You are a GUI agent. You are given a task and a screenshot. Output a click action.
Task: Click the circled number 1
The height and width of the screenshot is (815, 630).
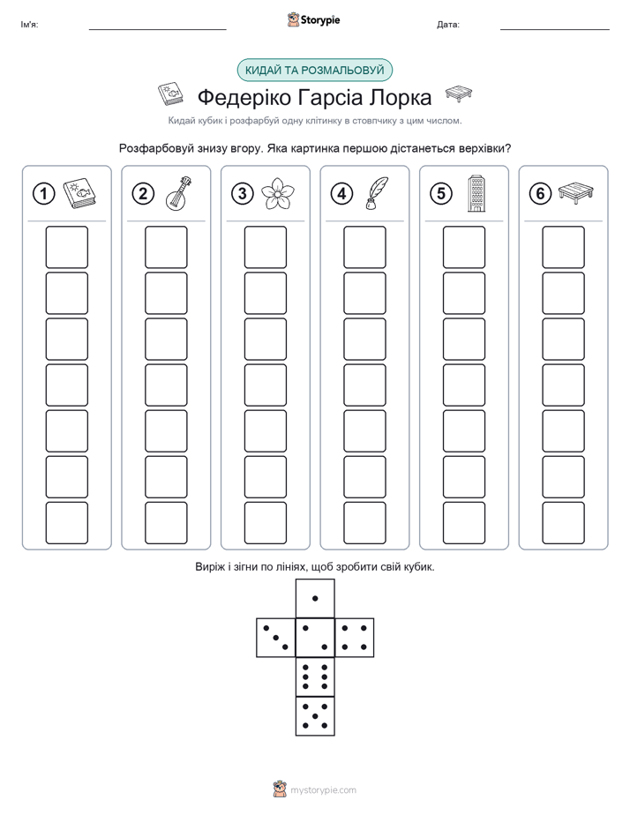click(x=43, y=194)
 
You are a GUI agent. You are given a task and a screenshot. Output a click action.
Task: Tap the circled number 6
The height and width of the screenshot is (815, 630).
click(x=540, y=194)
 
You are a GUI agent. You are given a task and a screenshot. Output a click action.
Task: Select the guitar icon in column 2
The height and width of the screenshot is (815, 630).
click(x=179, y=193)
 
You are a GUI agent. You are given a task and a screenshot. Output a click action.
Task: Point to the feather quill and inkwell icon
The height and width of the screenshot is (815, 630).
click(x=377, y=194)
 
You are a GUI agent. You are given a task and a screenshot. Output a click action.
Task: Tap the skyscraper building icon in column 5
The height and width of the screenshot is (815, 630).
click(x=476, y=193)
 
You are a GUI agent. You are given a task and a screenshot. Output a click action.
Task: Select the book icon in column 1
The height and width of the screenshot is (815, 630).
click(x=79, y=194)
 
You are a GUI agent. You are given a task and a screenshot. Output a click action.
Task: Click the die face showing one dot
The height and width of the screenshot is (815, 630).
click(x=315, y=598)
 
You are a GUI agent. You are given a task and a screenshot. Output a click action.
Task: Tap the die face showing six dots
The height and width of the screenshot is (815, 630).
click(x=315, y=677)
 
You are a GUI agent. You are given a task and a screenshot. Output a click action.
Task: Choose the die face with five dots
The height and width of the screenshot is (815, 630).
click(x=315, y=715)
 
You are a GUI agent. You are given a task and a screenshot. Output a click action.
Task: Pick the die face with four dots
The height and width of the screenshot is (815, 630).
click(x=355, y=638)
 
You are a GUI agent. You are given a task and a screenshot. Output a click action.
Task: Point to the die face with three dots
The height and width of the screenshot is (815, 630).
click(x=276, y=638)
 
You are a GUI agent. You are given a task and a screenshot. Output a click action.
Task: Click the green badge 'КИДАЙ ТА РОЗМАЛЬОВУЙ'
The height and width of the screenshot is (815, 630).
click(x=314, y=71)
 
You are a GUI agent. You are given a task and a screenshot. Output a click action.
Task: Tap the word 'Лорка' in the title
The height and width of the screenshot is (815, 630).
click(x=400, y=97)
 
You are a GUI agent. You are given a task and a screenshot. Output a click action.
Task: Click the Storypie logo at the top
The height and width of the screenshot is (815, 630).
click(x=313, y=20)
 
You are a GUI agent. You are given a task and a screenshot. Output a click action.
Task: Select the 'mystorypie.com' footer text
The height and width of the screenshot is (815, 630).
click(x=323, y=790)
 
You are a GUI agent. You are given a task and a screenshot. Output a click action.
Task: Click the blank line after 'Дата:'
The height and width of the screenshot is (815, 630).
click(x=555, y=29)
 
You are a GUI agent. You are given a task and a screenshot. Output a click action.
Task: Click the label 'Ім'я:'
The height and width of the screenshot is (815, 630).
click(x=29, y=25)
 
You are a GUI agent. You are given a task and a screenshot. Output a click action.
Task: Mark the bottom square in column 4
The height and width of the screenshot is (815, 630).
click(x=365, y=523)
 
